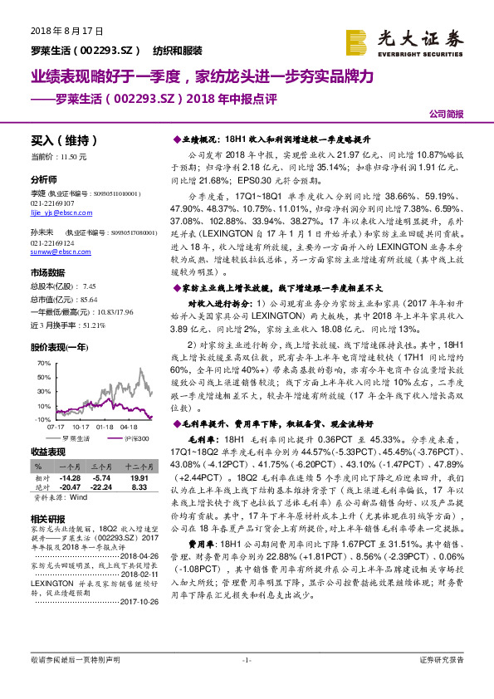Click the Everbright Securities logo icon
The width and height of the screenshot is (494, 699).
[x=357, y=40]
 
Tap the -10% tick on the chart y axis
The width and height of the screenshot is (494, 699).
[x=44, y=420]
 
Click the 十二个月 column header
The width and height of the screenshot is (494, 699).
[x=137, y=468]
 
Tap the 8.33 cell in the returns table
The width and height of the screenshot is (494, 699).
[x=138, y=486]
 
